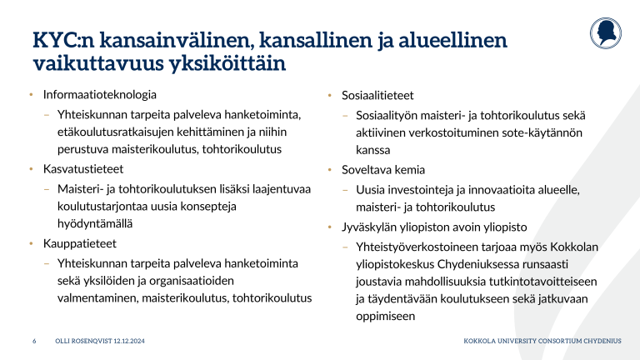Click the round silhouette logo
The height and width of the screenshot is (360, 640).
coord(606,33)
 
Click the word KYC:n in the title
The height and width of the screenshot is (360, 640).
coord(63,40)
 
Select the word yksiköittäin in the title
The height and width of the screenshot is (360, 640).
coord(227,63)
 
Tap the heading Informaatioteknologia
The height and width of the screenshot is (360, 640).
coord(100,95)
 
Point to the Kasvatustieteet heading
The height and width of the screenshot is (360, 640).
coord(83,169)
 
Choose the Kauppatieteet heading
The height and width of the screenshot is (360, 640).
coord(80,243)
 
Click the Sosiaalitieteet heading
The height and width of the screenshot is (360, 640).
coord(377,96)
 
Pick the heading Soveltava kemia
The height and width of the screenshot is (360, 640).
coord(383,170)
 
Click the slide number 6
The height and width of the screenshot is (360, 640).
coord(34,341)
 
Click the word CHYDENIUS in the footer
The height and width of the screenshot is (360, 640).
coord(602,341)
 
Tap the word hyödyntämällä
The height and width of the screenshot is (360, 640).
coord(95,223)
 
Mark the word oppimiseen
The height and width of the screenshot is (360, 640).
coord(385,317)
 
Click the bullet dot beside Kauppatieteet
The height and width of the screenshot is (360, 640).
coord(31,243)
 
